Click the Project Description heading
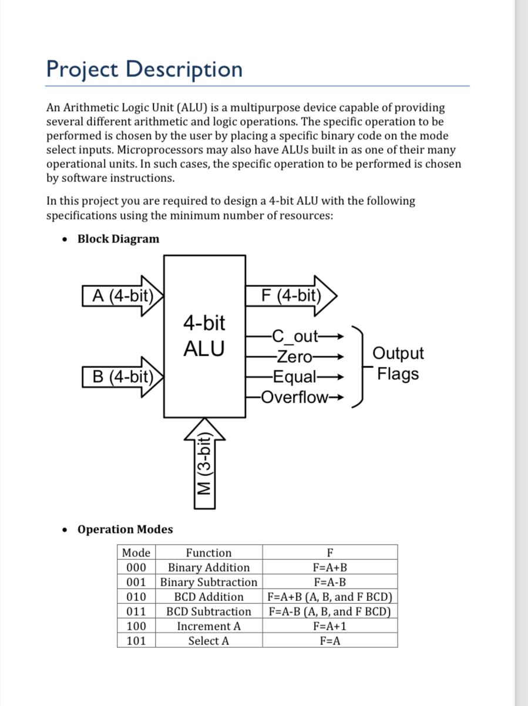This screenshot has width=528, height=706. tap(144, 69)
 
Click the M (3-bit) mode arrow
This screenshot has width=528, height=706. tap(204, 464)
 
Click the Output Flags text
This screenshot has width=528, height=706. tap(398, 363)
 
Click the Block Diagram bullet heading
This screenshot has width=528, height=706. tap(118, 239)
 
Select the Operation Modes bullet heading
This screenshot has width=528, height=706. tap(125, 529)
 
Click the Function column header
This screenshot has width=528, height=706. tap(208, 553)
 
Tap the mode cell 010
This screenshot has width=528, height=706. tap(136, 597)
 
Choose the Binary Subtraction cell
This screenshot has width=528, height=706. tap(208, 582)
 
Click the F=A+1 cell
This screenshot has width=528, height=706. tap(329, 626)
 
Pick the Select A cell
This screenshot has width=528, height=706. tap(208, 641)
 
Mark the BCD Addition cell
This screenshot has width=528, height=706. tap(208, 597)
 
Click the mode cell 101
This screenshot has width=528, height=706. tap(136, 641)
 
